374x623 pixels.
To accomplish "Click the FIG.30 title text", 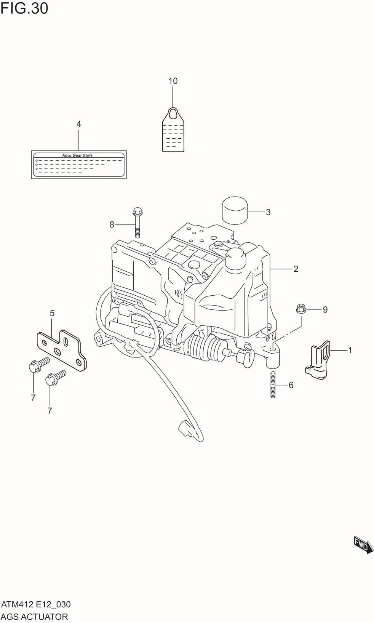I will (x=24, y=8).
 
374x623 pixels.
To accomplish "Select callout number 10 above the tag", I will (x=173, y=81).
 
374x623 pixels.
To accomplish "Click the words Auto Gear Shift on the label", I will (x=77, y=155).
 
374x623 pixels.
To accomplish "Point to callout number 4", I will (x=78, y=124).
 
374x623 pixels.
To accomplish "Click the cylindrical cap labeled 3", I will (x=235, y=210).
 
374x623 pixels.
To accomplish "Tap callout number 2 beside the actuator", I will (x=296, y=269).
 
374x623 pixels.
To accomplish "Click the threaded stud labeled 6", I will (x=273, y=384).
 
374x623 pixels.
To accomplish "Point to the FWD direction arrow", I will (x=363, y=545).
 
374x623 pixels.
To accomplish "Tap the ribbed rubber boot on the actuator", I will (x=206, y=348).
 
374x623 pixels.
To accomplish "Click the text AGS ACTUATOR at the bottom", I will (x=34, y=617).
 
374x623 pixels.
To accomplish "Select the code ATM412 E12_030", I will (x=36, y=604).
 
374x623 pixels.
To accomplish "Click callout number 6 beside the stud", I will (x=291, y=385).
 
